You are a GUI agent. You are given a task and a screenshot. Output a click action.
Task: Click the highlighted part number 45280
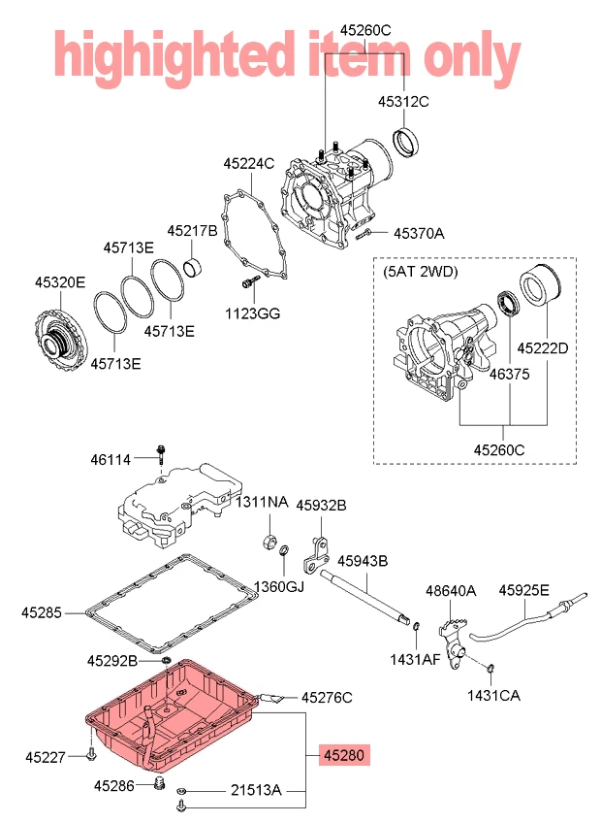[x=345, y=754]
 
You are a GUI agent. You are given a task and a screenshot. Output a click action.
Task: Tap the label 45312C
[x=403, y=101]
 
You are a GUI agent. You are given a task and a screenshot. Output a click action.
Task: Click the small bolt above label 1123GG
[x=247, y=282]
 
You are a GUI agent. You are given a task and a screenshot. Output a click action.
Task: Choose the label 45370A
[x=419, y=233]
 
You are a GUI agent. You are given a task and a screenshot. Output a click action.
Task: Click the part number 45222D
[x=543, y=347]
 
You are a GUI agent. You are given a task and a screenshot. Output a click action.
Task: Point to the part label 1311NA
[x=263, y=502]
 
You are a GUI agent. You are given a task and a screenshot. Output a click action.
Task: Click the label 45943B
[x=363, y=561]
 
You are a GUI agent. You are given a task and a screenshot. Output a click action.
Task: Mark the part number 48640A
[x=452, y=590]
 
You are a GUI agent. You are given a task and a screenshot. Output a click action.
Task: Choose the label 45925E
[x=524, y=589]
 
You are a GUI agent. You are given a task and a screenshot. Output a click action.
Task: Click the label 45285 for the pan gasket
[x=41, y=612]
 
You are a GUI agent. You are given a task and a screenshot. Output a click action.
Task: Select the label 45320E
[x=60, y=282]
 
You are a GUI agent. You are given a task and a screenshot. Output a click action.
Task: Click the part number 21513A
[x=256, y=791]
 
